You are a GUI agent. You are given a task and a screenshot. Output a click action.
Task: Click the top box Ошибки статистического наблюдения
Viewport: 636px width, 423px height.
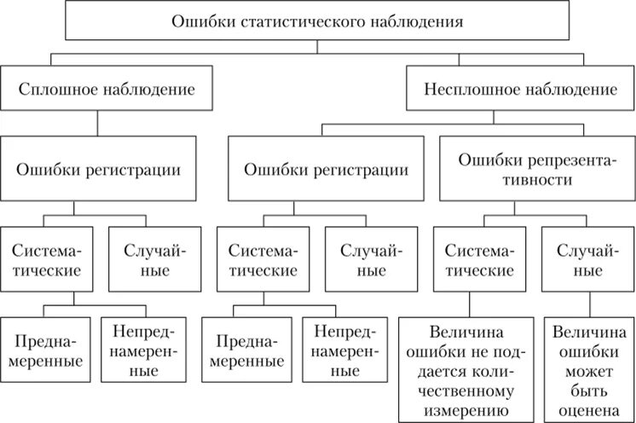[317, 21]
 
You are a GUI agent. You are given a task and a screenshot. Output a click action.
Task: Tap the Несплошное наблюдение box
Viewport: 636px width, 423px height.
[521, 89]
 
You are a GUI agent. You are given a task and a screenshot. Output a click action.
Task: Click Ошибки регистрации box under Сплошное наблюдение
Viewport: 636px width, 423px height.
[98, 169]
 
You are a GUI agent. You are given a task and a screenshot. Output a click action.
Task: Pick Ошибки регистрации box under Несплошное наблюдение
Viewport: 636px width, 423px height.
[326, 169]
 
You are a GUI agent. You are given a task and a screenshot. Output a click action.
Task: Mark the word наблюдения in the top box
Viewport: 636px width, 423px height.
[417, 21]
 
